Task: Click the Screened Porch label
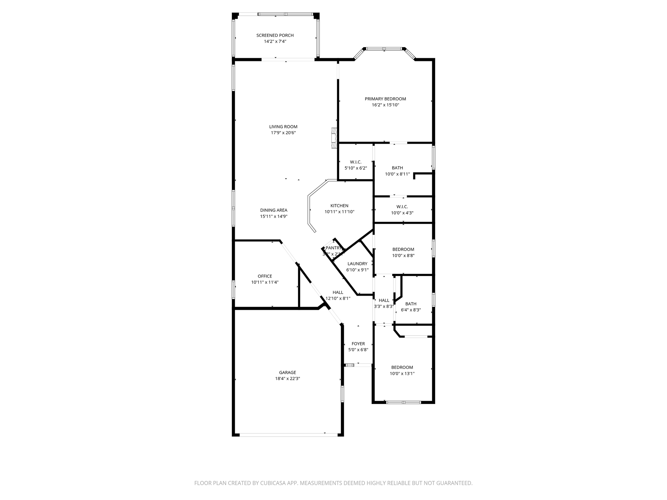point(275,35)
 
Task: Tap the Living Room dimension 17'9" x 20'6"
point(283,133)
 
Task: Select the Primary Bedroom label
point(385,99)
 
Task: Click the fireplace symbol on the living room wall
point(334,138)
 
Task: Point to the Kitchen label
point(339,206)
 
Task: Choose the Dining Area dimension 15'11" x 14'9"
point(274,216)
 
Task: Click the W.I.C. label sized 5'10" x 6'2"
point(356,162)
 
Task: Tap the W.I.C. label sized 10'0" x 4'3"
point(402,207)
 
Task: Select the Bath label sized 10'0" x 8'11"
point(397,168)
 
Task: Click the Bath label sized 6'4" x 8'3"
point(411,304)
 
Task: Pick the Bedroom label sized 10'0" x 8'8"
point(403,249)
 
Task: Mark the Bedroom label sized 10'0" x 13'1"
point(402,367)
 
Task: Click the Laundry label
point(357,264)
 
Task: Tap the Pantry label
point(333,248)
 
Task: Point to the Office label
point(265,276)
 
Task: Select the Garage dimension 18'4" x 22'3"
point(287,379)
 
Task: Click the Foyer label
point(358,344)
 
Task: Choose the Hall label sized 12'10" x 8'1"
point(338,292)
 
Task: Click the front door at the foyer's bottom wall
point(362,365)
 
